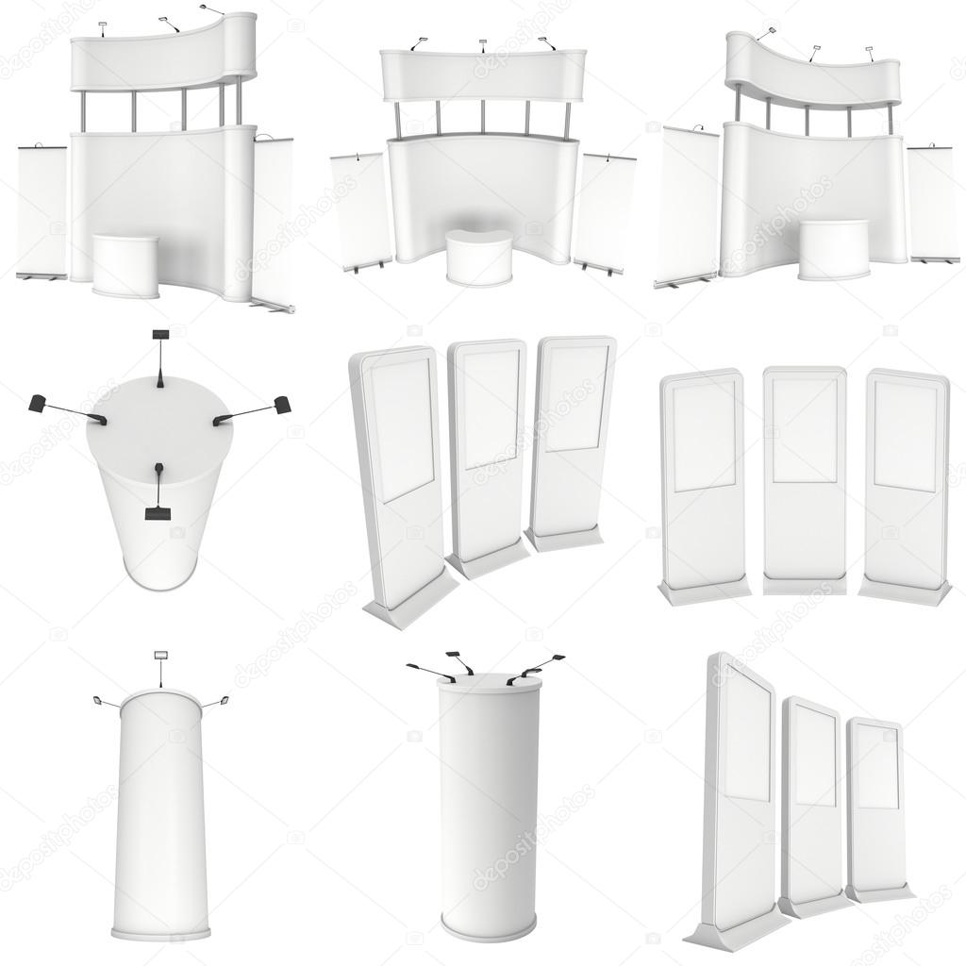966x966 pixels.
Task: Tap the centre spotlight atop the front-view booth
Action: click(482, 42)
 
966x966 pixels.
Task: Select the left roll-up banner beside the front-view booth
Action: click(360, 209)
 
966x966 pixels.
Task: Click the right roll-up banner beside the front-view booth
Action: click(604, 211)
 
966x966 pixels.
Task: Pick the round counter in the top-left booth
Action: click(125, 265)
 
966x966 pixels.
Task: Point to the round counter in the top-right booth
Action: click(833, 249)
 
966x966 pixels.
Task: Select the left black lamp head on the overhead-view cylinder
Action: click(39, 403)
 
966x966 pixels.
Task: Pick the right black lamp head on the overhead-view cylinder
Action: click(280, 406)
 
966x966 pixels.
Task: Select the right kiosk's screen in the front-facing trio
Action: click(905, 436)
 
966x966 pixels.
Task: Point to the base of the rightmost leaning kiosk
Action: click(565, 539)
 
